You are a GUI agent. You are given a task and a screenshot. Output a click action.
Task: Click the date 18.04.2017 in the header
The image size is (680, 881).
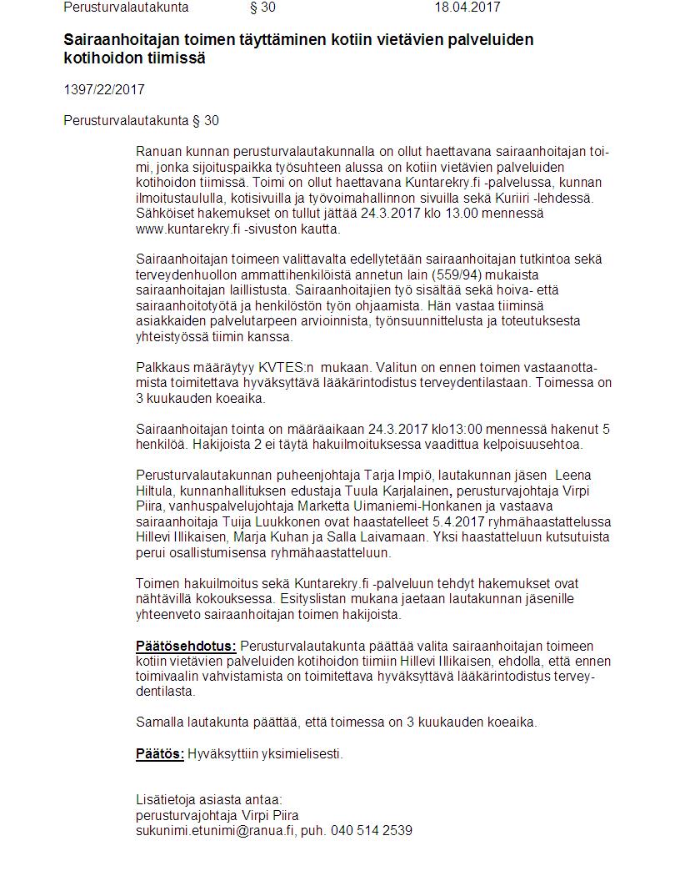pyautogui.click(x=467, y=8)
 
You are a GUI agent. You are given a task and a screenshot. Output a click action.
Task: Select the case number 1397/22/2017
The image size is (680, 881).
pyautogui.click(x=97, y=90)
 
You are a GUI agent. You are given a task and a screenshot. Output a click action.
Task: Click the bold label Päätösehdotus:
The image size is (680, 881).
pyautogui.click(x=186, y=646)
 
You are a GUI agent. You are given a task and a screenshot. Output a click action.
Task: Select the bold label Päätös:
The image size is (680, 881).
pyautogui.click(x=160, y=754)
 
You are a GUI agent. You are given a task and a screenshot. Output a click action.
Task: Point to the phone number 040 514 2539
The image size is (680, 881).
pyautogui.click(x=371, y=831)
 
